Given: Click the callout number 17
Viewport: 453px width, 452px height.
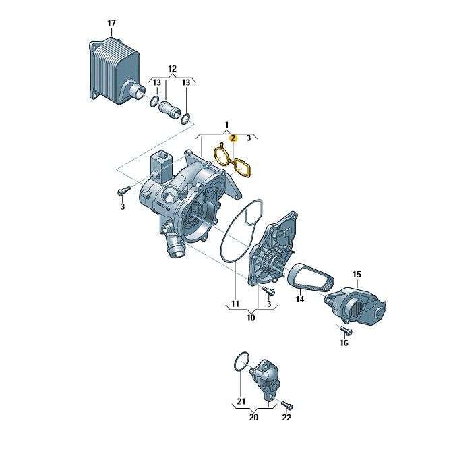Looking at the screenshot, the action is click(x=111, y=24).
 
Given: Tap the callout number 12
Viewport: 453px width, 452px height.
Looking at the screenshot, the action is click(x=172, y=69).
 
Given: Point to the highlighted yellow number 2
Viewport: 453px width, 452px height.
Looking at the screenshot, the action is click(x=233, y=138).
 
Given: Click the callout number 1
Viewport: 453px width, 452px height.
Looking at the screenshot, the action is click(x=227, y=125).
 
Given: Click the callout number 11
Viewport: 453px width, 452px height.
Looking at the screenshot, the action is click(x=235, y=304).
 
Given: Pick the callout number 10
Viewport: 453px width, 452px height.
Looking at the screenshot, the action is click(x=251, y=318).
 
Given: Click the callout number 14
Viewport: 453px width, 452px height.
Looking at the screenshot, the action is click(x=300, y=300).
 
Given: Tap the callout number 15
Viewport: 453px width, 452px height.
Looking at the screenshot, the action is click(x=357, y=274).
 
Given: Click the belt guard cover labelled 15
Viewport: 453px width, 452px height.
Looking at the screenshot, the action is click(x=355, y=306).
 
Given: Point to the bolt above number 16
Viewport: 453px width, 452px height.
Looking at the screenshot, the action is click(x=346, y=330).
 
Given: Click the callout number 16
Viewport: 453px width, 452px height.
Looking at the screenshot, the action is click(x=344, y=343).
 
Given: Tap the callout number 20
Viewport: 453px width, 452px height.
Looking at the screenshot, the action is click(x=253, y=418).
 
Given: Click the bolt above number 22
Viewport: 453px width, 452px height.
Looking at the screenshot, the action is click(x=287, y=405).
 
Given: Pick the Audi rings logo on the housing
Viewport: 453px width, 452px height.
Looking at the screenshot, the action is click(x=163, y=206).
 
